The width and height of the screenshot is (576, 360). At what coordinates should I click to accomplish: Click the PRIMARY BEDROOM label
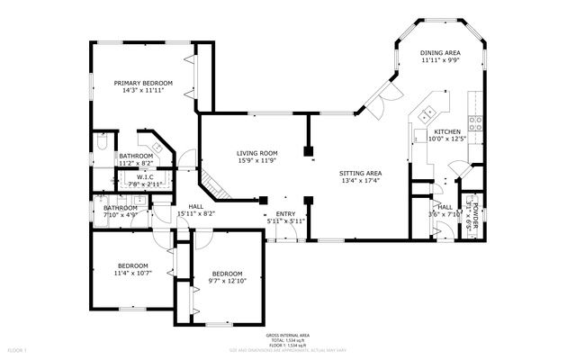point(147,83)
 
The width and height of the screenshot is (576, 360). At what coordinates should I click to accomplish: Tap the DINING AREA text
point(440,52)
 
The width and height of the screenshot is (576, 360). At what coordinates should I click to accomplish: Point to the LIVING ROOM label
point(256,153)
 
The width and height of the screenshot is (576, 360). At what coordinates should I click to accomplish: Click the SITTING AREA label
point(360,173)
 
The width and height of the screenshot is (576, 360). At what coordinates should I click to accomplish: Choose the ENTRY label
point(285,213)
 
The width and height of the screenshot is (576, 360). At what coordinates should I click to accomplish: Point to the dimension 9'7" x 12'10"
point(227,280)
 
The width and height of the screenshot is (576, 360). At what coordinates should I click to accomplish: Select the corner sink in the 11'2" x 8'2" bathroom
point(158,147)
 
